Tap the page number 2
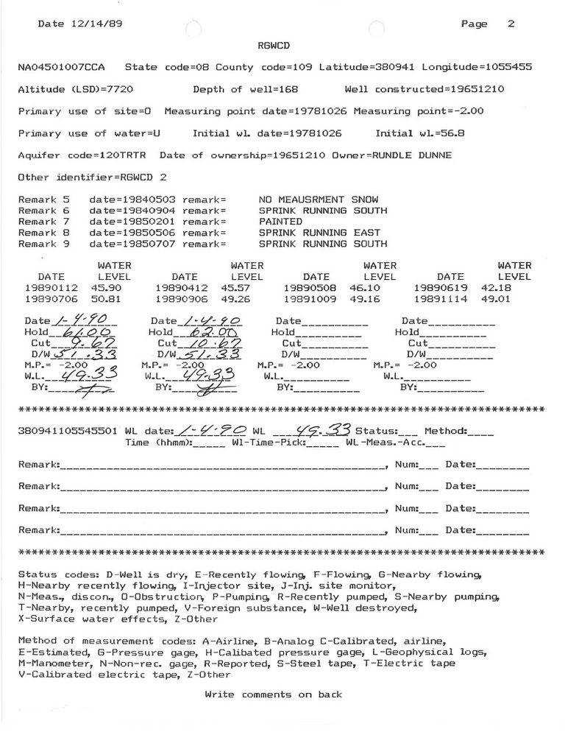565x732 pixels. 511,24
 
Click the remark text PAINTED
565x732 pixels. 280,221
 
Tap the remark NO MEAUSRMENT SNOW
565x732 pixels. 319,200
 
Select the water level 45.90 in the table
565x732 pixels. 105,288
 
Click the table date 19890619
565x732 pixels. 439,288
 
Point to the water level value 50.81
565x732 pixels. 105,300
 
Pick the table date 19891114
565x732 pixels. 439,300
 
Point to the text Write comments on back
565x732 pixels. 273,694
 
